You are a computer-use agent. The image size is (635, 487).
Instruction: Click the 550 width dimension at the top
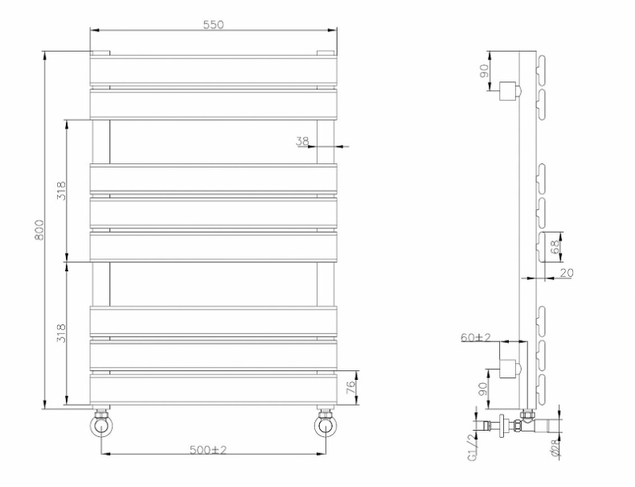click(x=213, y=25)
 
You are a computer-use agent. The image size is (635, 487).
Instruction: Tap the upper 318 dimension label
click(x=62, y=190)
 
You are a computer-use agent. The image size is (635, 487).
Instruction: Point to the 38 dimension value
click(x=302, y=142)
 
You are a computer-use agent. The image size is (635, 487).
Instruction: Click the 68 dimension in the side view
click(x=555, y=246)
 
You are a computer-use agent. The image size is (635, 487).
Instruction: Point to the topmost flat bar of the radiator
click(x=213, y=70)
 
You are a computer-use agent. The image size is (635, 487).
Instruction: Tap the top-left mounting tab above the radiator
click(x=100, y=53)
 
